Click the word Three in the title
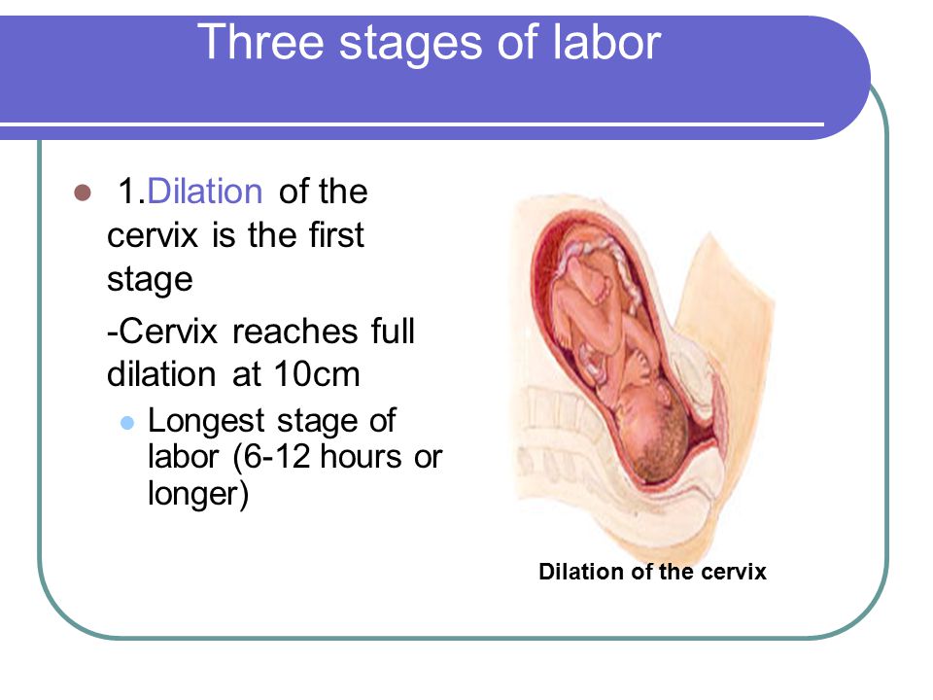[260, 42]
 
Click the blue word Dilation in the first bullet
[205, 192]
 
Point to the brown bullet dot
[83, 192]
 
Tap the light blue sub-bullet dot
[126, 423]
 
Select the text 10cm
[317, 374]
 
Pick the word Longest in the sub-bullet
[206, 422]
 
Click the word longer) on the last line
[198, 494]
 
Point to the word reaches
[295, 332]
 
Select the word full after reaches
[393, 331]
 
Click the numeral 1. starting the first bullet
[131, 192]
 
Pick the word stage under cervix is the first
[150, 281]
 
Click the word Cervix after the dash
[168, 331]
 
